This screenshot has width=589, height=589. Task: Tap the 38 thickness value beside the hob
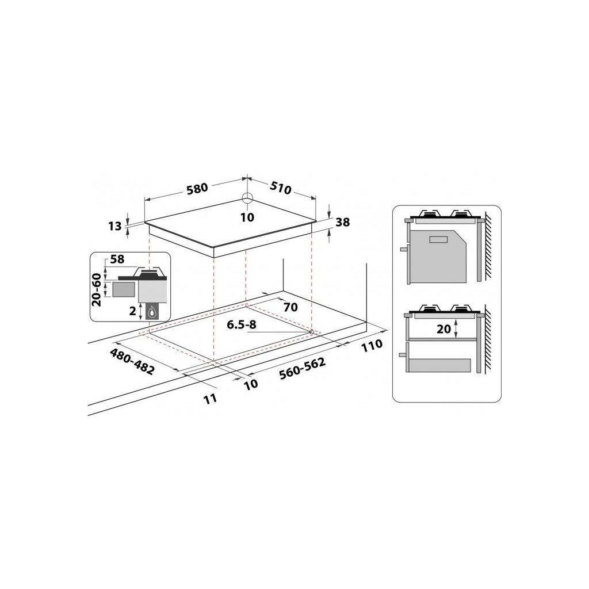pyautogui.click(x=342, y=223)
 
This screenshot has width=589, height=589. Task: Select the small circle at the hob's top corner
pyautogui.click(x=247, y=198)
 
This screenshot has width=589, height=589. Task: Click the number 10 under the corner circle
pyautogui.click(x=247, y=217)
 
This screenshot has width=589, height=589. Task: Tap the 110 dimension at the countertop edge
pyautogui.click(x=373, y=346)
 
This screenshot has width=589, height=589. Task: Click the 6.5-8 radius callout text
pyautogui.click(x=242, y=325)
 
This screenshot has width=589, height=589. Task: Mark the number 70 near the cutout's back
pyautogui.click(x=290, y=307)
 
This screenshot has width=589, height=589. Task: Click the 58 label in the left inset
pyautogui.click(x=117, y=259)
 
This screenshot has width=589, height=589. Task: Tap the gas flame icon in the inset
pyautogui.click(x=154, y=312)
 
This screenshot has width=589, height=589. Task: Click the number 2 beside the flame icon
pyautogui.click(x=132, y=311)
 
